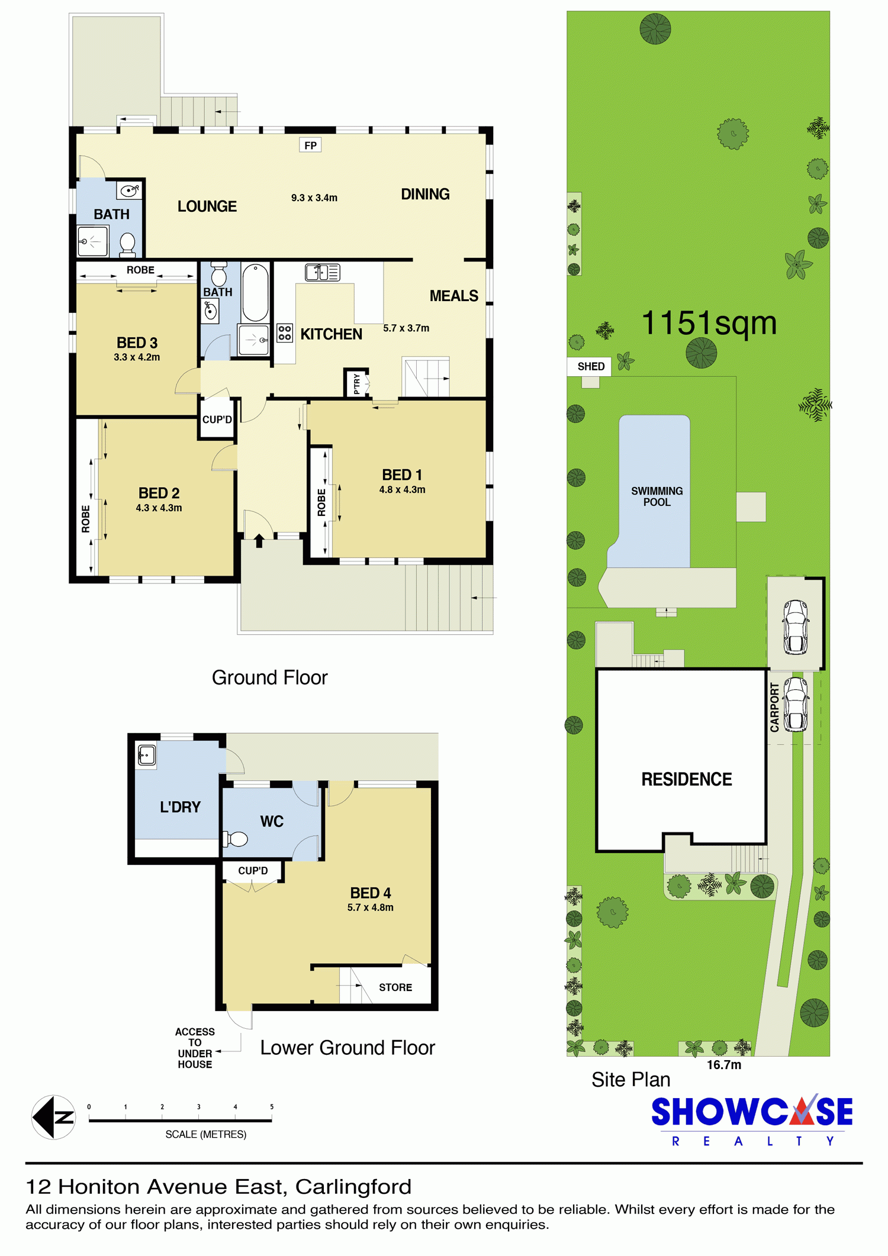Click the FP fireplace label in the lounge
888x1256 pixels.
point(311,146)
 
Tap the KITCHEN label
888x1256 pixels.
point(331,334)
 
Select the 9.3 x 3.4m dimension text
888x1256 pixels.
point(314,198)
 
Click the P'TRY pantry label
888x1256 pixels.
point(356,383)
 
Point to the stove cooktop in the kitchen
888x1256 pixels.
point(285,332)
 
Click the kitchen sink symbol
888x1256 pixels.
point(323,272)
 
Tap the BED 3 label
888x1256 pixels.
point(137,343)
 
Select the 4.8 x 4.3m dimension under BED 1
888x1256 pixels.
point(403,490)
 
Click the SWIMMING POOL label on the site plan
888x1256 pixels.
point(657,496)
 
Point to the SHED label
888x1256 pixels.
point(591,366)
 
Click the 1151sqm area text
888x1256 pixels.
point(709,323)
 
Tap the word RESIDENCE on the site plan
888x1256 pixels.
point(687,779)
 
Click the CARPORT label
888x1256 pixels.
point(775,708)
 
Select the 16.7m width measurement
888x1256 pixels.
point(724,1065)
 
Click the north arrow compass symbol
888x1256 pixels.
point(54,1117)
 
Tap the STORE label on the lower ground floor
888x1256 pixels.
point(395,987)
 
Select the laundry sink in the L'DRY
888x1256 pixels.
point(146,755)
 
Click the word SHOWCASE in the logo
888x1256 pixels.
point(752,1112)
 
